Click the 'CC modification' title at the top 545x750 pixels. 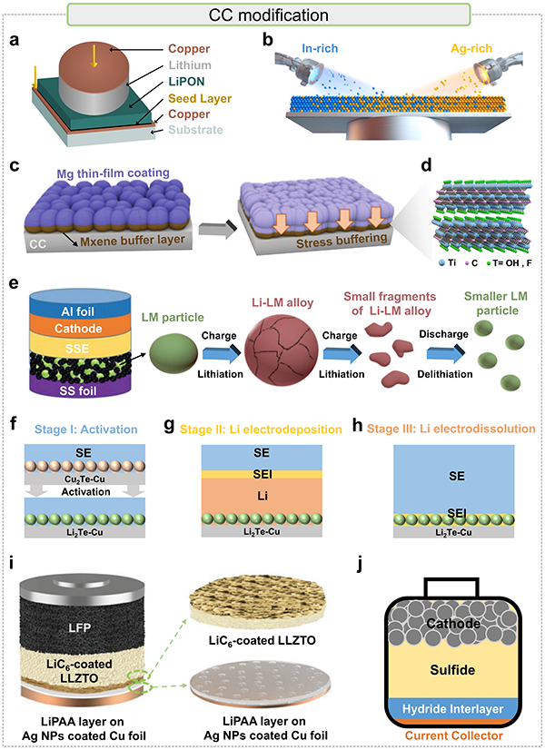pos(269,15)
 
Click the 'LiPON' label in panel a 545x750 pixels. pos(186,82)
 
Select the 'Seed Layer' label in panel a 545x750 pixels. pos(200,99)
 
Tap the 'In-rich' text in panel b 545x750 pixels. pos(320,48)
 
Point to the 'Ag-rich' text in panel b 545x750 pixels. pos(471,48)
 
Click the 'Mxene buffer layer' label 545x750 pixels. pos(133,240)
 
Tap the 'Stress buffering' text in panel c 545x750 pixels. pos(342,241)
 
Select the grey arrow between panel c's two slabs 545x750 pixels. pos(218,230)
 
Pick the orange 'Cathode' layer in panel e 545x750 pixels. pos(78,329)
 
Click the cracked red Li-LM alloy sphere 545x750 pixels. pos(281,350)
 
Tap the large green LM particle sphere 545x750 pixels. pos(173,353)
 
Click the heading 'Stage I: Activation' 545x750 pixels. pos(86,429)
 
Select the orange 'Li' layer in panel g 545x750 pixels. pos(262,496)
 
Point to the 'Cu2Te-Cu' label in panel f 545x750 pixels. pos(84,479)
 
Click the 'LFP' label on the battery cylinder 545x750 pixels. pos(79,627)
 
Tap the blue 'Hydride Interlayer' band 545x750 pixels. pos(452,709)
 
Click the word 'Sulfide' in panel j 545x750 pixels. pos(452,670)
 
